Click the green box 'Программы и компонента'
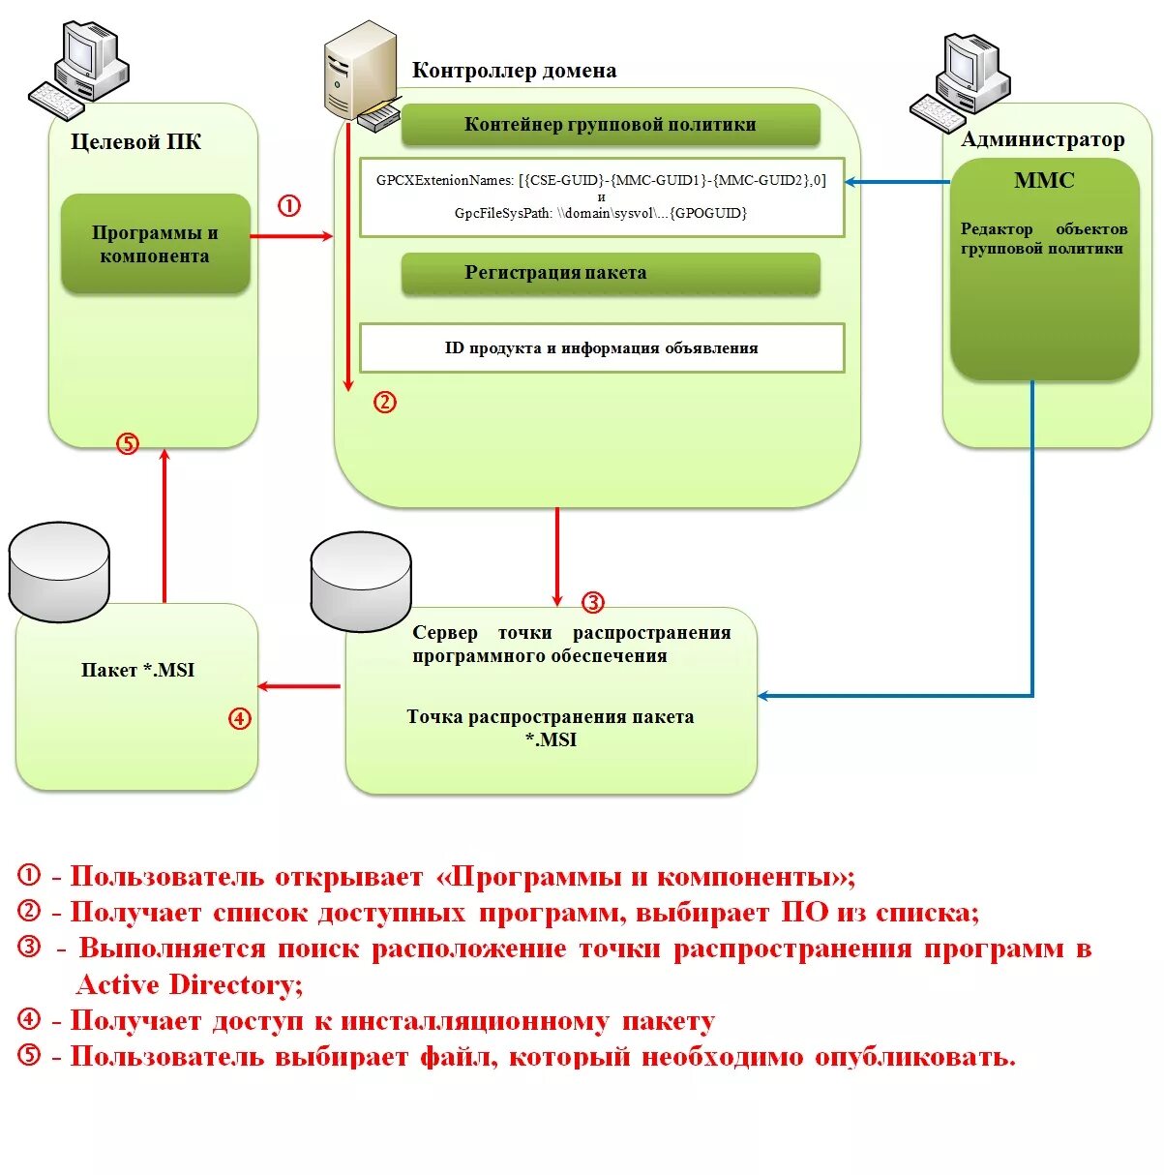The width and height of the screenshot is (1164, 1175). (155, 244)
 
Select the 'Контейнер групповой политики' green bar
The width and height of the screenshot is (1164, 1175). (610, 125)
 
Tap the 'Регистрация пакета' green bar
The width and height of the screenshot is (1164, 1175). (610, 274)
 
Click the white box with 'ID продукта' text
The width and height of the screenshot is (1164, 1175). (601, 348)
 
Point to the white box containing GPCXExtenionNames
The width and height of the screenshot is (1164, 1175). (601, 196)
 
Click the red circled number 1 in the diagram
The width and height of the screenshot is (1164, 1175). (289, 206)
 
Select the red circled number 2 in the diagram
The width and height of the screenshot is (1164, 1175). (385, 403)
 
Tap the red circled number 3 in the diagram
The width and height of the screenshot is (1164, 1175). (592, 603)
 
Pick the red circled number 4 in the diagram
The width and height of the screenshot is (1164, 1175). (240, 719)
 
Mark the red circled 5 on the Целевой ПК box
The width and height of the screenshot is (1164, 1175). (128, 444)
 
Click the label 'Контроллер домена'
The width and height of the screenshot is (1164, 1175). (514, 71)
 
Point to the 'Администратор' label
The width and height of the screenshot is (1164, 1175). (1042, 140)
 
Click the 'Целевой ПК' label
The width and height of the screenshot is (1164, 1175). (136, 142)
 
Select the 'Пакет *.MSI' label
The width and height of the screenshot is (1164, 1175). (137, 671)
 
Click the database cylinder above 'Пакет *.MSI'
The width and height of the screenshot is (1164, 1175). (59, 572)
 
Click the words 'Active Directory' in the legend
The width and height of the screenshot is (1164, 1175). (189, 985)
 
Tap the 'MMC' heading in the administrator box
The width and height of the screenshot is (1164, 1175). (1044, 181)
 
